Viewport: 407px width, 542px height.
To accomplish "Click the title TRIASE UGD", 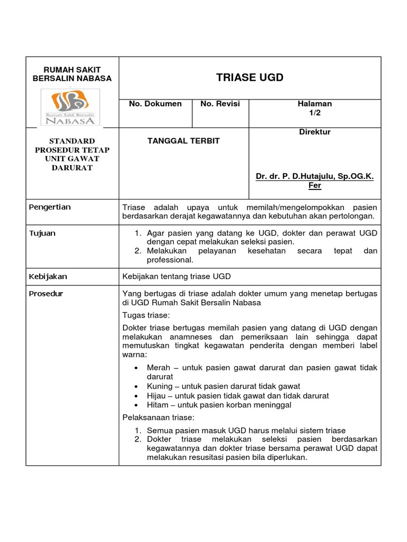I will (x=250, y=78).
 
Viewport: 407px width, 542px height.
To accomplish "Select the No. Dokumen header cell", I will (x=155, y=104).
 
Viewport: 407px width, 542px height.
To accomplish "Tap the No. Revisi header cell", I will (x=220, y=104).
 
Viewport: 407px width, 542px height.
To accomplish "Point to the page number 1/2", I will (x=315, y=113).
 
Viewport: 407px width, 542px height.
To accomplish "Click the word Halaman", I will (x=315, y=104).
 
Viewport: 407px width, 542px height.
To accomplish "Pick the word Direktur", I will (x=315, y=132).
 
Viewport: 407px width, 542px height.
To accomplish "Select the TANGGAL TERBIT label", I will (x=183, y=141).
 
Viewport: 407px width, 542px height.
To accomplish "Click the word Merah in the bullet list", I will (x=158, y=367).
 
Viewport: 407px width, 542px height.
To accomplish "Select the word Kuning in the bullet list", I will (x=160, y=386).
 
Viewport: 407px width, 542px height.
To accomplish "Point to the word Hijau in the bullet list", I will (x=157, y=395).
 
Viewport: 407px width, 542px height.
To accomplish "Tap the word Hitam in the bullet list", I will (x=158, y=405).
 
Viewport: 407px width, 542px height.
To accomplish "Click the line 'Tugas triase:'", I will (x=146, y=315).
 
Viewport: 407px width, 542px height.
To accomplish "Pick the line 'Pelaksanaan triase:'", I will (x=158, y=418).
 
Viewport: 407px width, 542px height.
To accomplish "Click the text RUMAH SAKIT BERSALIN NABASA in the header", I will (x=72, y=74).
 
